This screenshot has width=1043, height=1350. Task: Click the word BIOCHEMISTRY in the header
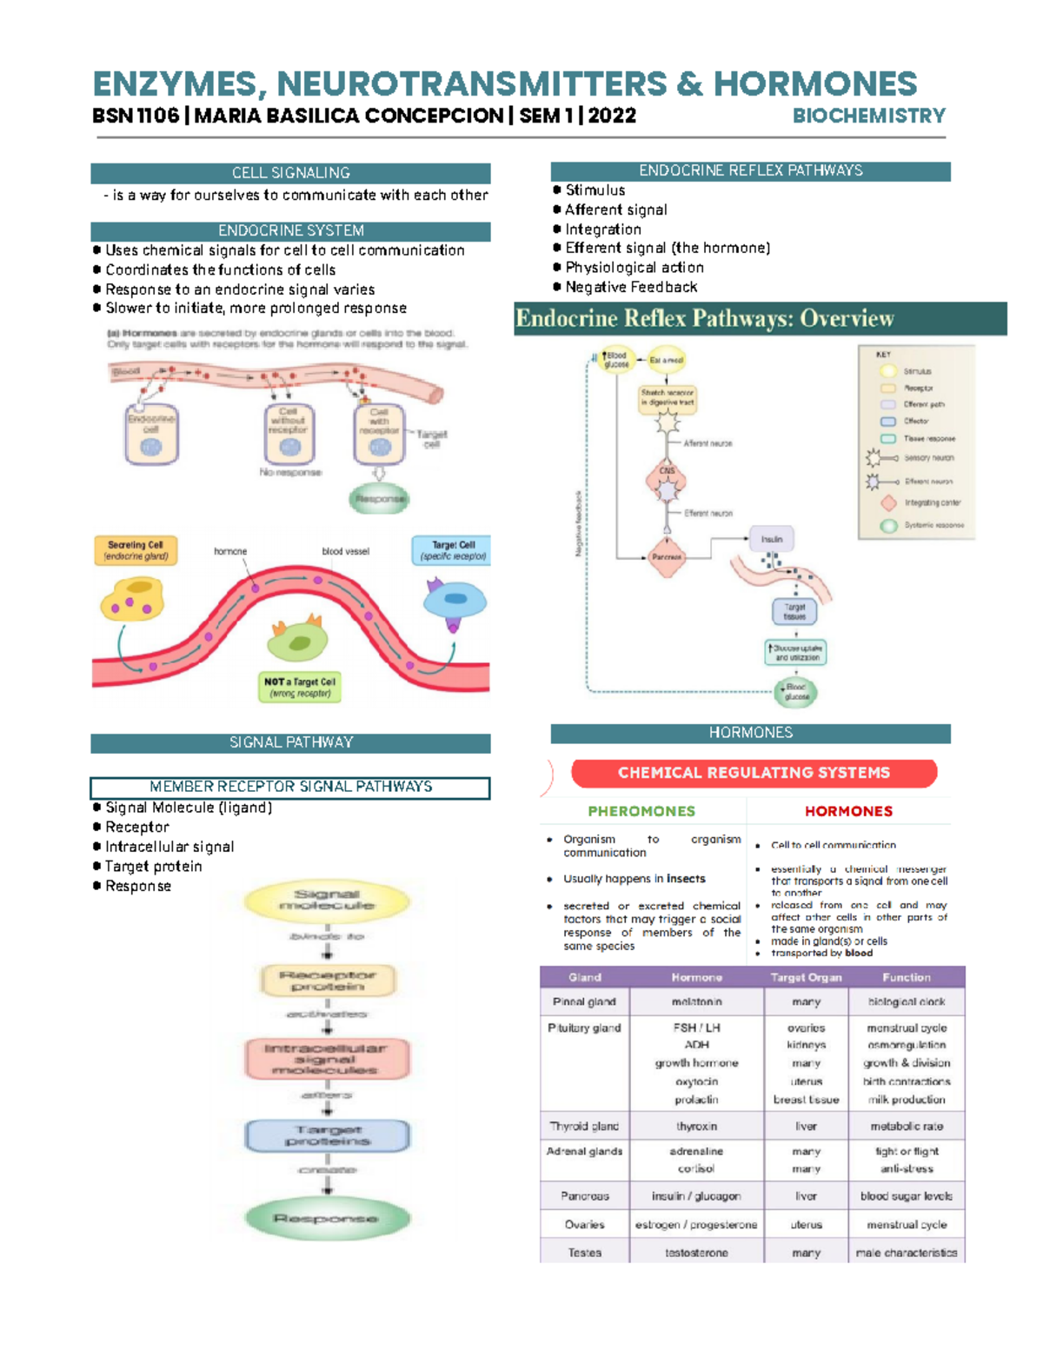coord(868,116)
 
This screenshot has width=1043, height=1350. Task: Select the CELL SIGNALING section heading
coord(290,173)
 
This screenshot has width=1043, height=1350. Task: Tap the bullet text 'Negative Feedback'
coord(631,287)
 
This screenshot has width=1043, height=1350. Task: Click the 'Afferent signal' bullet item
coord(615,209)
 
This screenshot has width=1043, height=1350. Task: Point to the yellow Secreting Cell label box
coord(136,550)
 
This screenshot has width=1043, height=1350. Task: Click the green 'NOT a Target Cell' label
coord(300,687)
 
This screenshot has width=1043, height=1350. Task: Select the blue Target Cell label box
coord(452,550)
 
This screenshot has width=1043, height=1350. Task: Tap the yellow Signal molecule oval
coord(327,901)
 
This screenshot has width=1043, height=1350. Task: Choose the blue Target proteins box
coord(327,1135)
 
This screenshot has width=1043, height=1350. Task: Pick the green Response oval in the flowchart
coord(327,1219)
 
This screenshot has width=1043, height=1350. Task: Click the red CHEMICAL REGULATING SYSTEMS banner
coord(753,773)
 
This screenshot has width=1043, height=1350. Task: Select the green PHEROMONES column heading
coord(641,811)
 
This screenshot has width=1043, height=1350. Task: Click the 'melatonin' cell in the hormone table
coord(696,1002)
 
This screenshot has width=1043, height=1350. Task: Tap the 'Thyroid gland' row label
coord(584,1126)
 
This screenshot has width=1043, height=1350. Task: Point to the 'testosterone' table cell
coord(696,1253)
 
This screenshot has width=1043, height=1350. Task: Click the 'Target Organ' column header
coord(806,977)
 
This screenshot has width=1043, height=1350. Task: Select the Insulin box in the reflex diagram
coord(772,539)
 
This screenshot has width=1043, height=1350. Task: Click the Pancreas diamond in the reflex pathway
coord(667,556)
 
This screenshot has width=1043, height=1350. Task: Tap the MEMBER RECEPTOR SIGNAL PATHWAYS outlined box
coord(290,787)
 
